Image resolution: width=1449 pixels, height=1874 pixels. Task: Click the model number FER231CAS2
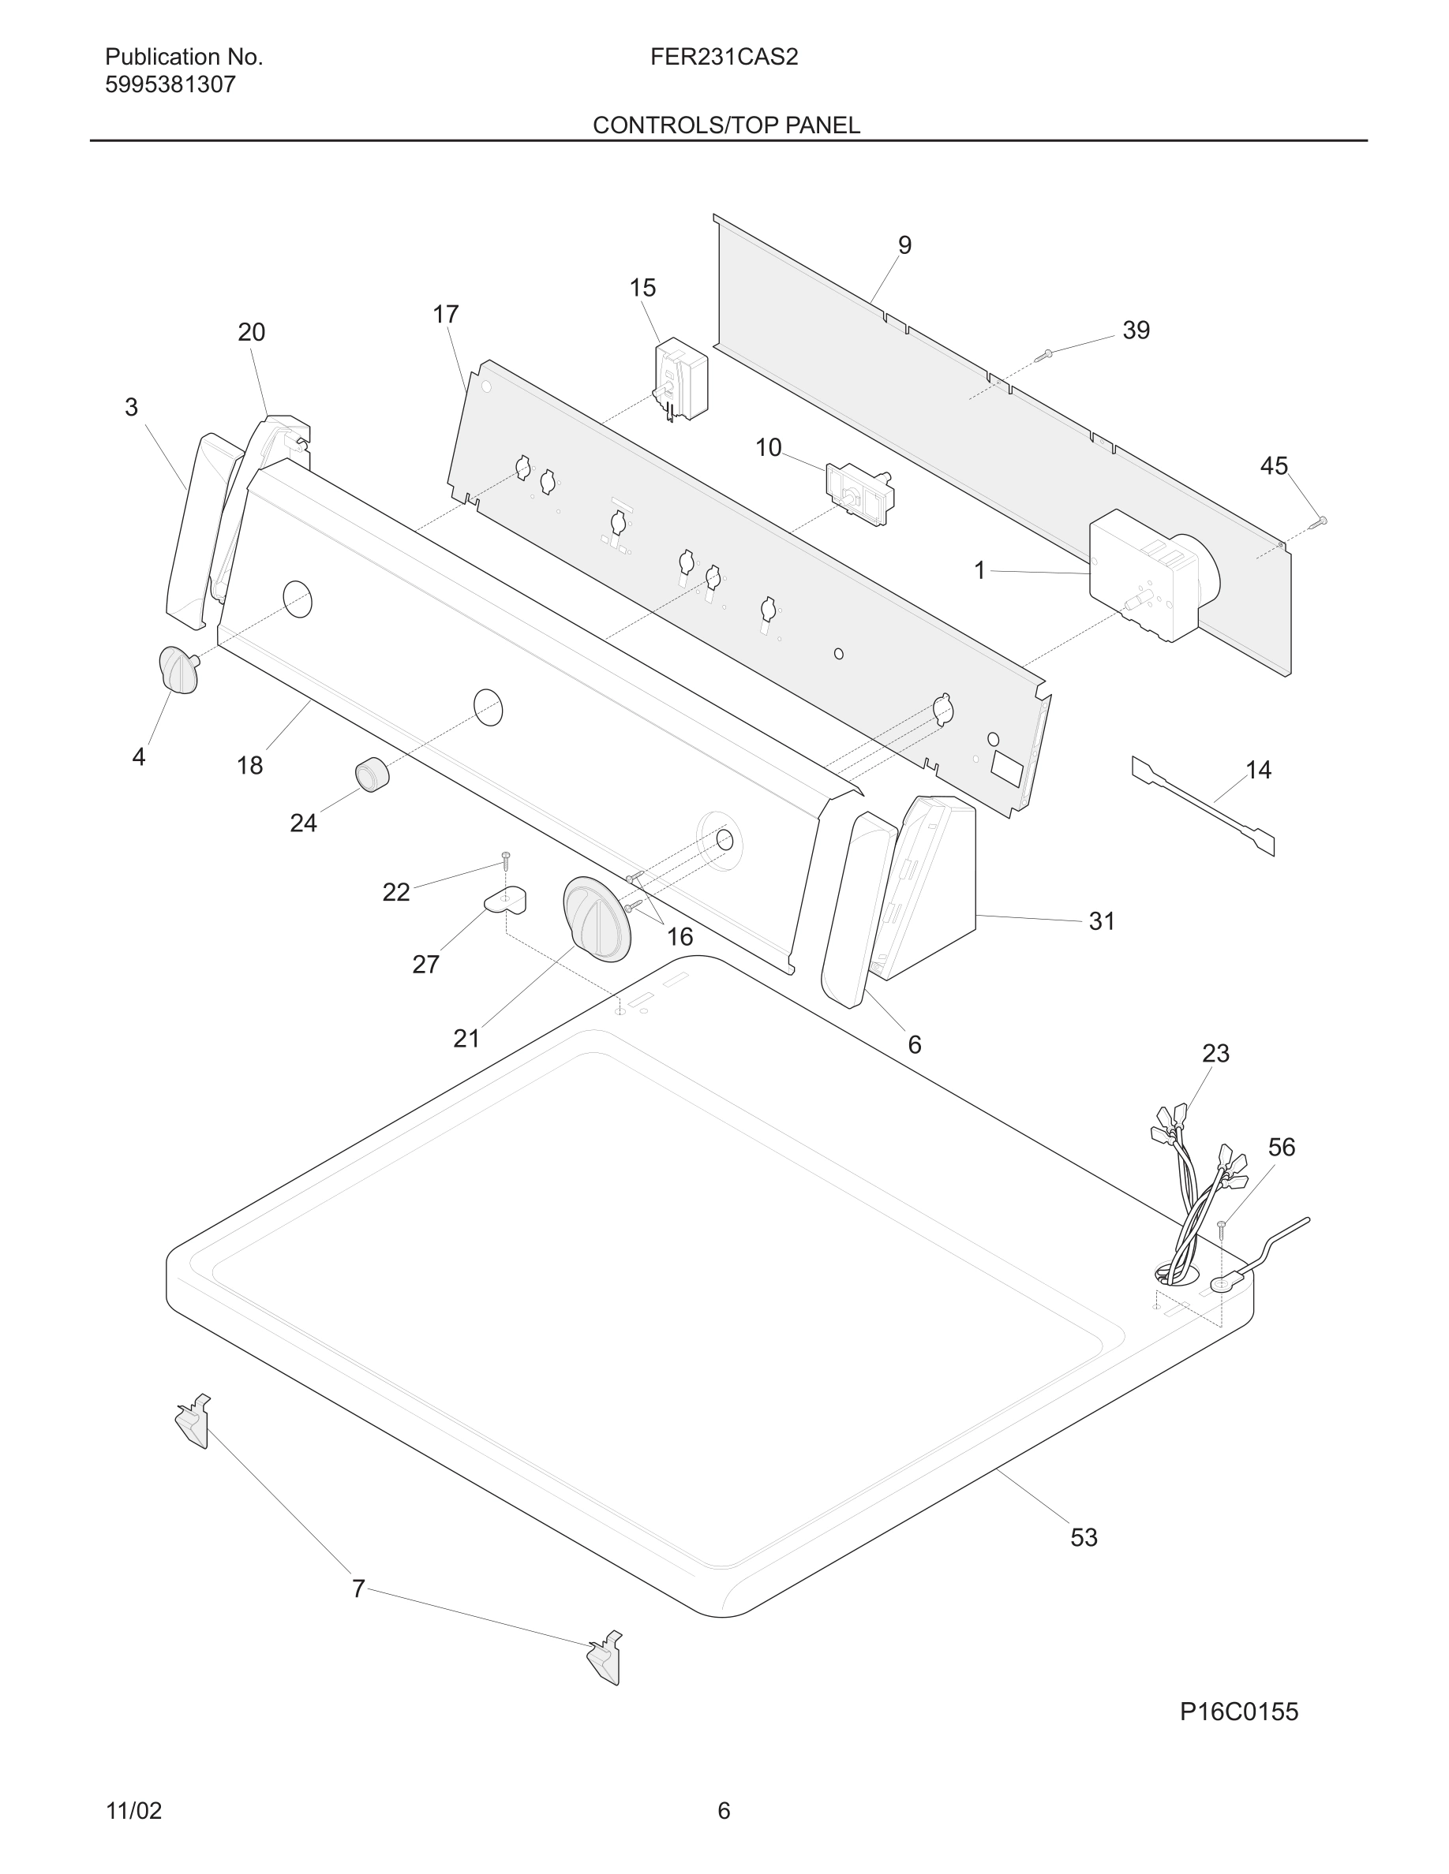tap(724, 58)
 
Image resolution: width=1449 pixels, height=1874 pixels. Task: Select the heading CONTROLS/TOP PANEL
tap(726, 125)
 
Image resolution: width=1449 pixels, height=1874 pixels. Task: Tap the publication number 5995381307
tap(170, 85)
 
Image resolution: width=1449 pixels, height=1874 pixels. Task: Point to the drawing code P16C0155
tap(1237, 1712)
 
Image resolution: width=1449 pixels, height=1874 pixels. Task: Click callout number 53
tap(1084, 1536)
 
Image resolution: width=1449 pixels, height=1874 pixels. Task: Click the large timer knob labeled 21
tap(596, 919)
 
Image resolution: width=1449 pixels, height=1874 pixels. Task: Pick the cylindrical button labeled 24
tap(372, 775)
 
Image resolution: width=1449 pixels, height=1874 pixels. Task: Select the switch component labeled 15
tap(682, 379)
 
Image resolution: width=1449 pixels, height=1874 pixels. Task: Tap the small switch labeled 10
tap(859, 495)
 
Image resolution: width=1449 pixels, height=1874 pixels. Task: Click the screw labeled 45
tap(1320, 521)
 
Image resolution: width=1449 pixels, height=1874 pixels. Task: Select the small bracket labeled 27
tap(507, 899)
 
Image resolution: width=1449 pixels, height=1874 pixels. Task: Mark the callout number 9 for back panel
tap(904, 245)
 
